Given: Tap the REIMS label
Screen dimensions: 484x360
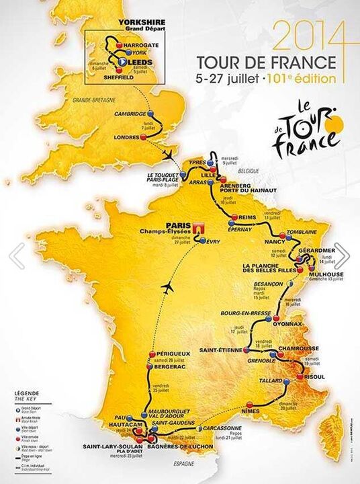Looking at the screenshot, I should click(x=248, y=217).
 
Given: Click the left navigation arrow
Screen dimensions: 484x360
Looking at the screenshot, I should click(x=17, y=255).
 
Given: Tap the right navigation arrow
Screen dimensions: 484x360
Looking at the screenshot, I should click(x=343, y=255).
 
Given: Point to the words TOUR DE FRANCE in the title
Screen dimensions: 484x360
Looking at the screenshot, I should click(x=266, y=63).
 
